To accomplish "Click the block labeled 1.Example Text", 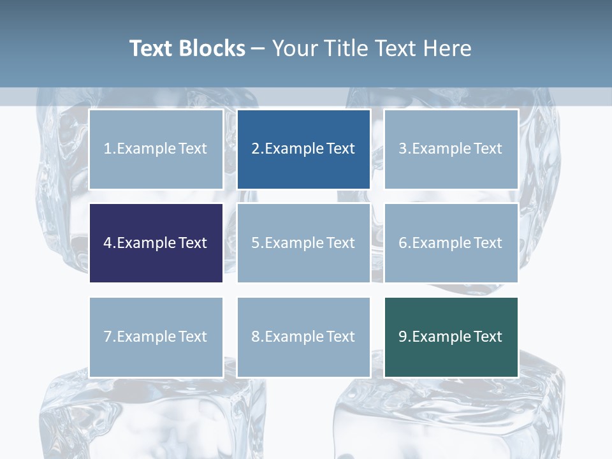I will (156, 149).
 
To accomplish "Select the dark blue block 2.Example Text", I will (303, 149).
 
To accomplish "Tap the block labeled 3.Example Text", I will (451, 149).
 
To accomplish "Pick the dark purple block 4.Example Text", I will (156, 243).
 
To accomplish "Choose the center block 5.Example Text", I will (303, 243).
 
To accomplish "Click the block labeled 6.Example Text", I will (451, 243).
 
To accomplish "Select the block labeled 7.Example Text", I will (156, 337).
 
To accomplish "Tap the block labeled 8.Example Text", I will (303, 337).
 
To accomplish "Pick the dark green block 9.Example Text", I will (451, 337).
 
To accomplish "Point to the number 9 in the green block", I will (403, 337).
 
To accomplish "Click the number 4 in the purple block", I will (108, 243).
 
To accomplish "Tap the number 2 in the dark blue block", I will (256, 149).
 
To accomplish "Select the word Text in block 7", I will (193, 337).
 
